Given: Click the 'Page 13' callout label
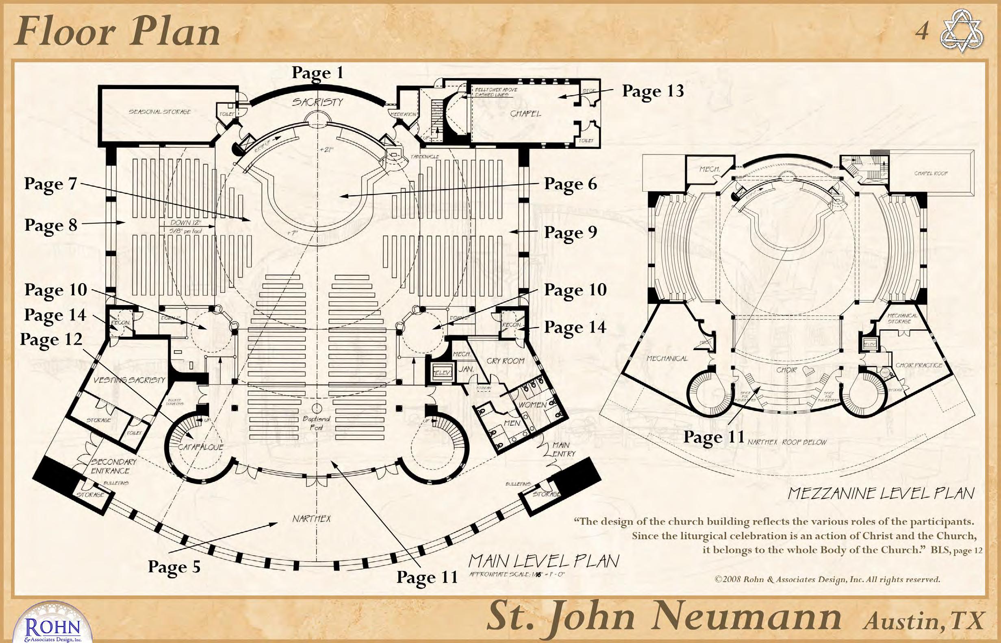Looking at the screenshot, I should (653, 92).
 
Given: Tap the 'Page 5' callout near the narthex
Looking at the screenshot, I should (174, 567).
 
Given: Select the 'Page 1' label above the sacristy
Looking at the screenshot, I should (317, 73).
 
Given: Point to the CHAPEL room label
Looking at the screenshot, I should (525, 113).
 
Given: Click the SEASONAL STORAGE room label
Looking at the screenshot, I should (159, 112).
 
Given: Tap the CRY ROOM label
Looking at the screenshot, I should (505, 360).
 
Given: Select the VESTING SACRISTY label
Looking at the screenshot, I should (129, 380).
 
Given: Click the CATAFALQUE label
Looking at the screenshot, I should (201, 447).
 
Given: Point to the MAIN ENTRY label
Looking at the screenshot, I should (563, 449).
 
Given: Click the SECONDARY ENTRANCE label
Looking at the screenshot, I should (113, 466).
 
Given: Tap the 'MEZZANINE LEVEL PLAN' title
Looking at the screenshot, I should (880, 493).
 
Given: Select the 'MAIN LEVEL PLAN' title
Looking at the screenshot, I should (543, 561).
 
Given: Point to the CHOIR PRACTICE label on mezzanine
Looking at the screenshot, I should (919, 365).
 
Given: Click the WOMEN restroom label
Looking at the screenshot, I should (532, 405).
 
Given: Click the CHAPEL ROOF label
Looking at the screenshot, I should (931, 173).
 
